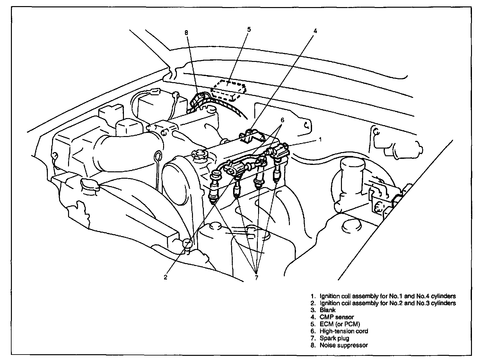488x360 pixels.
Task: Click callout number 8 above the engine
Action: [187, 33]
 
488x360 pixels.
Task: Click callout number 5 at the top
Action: [249, 30]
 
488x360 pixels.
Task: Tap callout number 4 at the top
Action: [315, 31]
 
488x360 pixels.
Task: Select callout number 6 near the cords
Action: [282, 120]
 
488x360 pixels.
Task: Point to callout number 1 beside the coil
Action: [320, 140]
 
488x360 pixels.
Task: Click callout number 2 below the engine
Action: [165, 277]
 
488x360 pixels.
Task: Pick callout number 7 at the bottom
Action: [256, 278]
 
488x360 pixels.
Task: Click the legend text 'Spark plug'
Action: [334, 338]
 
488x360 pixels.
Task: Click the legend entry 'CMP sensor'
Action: [337, 317]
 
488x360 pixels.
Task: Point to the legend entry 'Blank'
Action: [327, 310]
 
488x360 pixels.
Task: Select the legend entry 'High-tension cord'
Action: [344, 331]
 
